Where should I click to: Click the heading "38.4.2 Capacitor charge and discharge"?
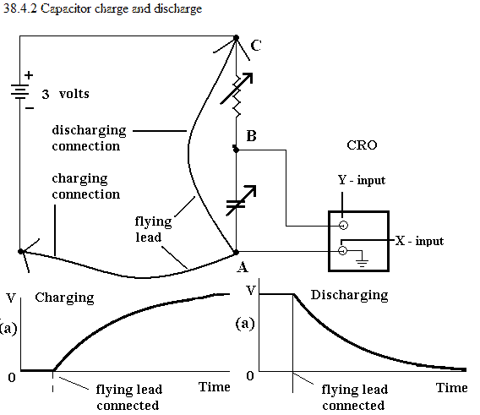102,8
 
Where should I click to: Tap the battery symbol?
20,91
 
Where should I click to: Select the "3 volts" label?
66,94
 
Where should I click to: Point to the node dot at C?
236,38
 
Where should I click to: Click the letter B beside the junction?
251,136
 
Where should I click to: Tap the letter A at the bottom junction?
243,267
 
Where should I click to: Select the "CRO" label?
362,145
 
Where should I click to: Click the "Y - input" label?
362,180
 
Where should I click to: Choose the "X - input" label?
419,241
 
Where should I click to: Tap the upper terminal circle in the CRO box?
343,226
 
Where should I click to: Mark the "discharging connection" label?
89,138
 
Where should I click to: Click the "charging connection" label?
86,186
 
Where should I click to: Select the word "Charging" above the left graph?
64,298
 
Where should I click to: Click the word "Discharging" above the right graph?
350,295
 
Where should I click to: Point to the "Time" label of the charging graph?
215,387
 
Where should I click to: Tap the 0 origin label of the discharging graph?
250,375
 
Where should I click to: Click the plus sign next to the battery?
29,75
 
